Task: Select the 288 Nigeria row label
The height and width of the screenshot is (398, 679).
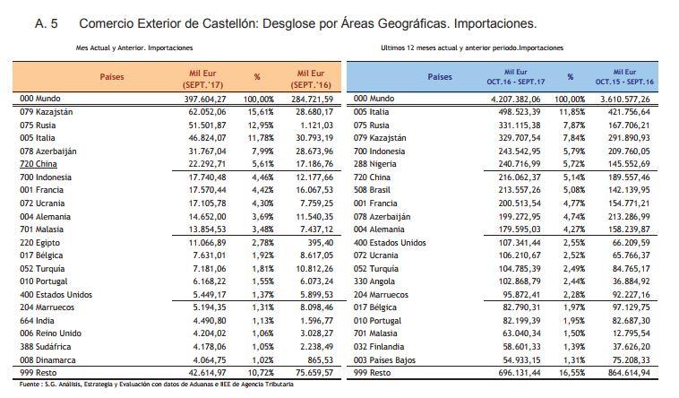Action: point(375,165)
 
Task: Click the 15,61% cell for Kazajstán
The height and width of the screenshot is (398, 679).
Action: point(258,111)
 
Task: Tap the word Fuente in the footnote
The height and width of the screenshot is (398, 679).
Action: point(26,385)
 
